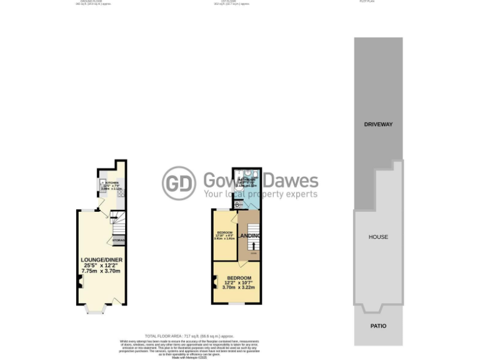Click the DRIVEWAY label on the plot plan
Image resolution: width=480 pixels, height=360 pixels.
point(378,124)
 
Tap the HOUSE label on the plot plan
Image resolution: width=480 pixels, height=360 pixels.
point(378,237)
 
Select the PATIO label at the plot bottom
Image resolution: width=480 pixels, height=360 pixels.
point(378,326)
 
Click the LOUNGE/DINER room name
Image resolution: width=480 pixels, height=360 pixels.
point(101,259)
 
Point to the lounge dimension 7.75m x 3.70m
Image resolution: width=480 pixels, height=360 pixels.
point(101,271)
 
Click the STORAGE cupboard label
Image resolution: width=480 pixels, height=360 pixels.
point(118,240)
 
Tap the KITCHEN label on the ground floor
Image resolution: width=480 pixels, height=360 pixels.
point(112,183)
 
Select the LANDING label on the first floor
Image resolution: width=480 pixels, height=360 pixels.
point(250,236)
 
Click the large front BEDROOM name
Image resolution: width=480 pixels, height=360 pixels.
point(239,278)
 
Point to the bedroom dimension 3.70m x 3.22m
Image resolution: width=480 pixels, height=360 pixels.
point(239,287)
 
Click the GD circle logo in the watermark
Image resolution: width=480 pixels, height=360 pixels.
point(179,184)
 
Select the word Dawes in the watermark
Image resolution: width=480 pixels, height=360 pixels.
point(290,181)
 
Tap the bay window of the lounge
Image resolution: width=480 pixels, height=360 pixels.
point(95,308)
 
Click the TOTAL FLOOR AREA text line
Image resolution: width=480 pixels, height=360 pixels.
point(189,336)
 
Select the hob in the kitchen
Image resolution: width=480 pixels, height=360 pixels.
point(121,194)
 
